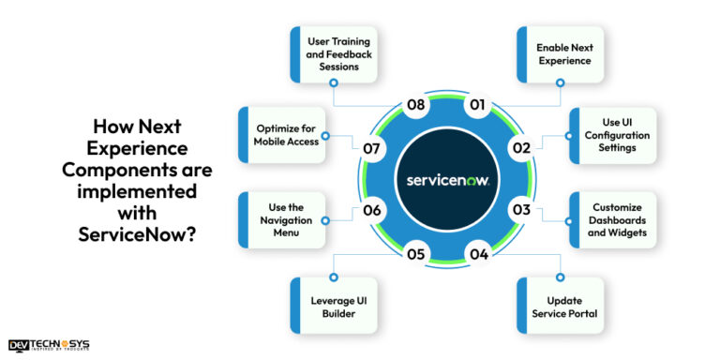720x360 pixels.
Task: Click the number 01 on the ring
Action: [x=476, y=104]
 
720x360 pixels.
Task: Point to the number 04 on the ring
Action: [x=478, y=253]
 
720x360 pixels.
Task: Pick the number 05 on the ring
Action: [x=416, y=253]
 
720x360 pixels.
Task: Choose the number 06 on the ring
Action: [x=372, y=210]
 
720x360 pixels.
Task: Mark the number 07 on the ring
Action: [x=371, y=148]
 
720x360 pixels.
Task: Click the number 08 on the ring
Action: [x=417, y=104]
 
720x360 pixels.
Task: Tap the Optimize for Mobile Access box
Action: [x=282, y=135]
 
